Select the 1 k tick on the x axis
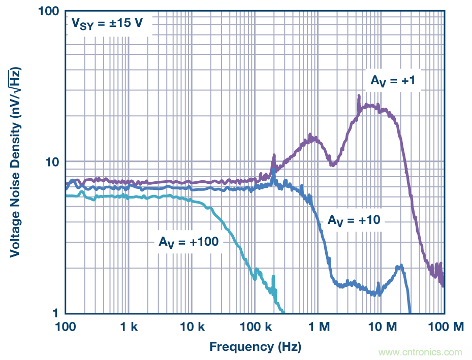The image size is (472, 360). [129, 328]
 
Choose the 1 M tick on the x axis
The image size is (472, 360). [319, 328]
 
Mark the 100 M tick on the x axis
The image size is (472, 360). [445, 328]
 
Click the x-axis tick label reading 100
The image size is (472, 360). [66, 328]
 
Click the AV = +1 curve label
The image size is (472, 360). [393, 81]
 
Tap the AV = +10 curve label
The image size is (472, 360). [354, 220]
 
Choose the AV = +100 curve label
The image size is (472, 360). [188, 242]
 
